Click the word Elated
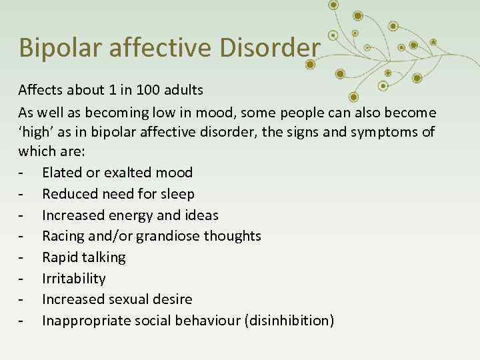click(x=62, y=173)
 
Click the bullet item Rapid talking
click(x=83, y=257)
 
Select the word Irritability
click(x=73, y=279)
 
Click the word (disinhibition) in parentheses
click(x=289, y=321)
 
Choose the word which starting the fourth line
click(x=38, y=152)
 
